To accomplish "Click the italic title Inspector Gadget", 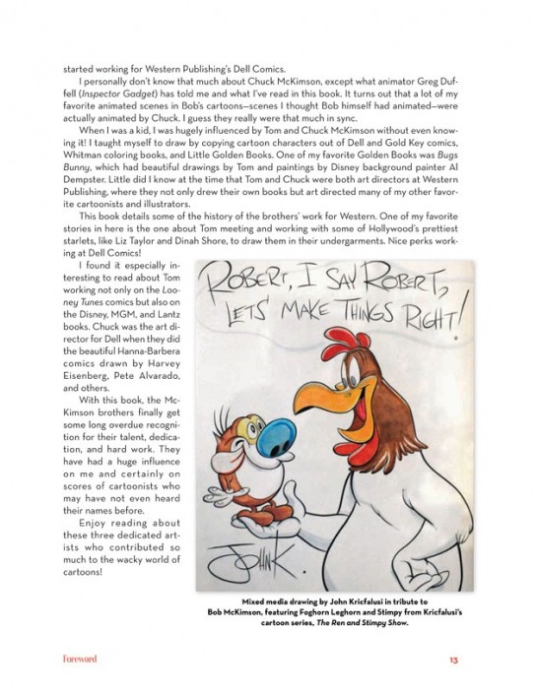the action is coord(102,95).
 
